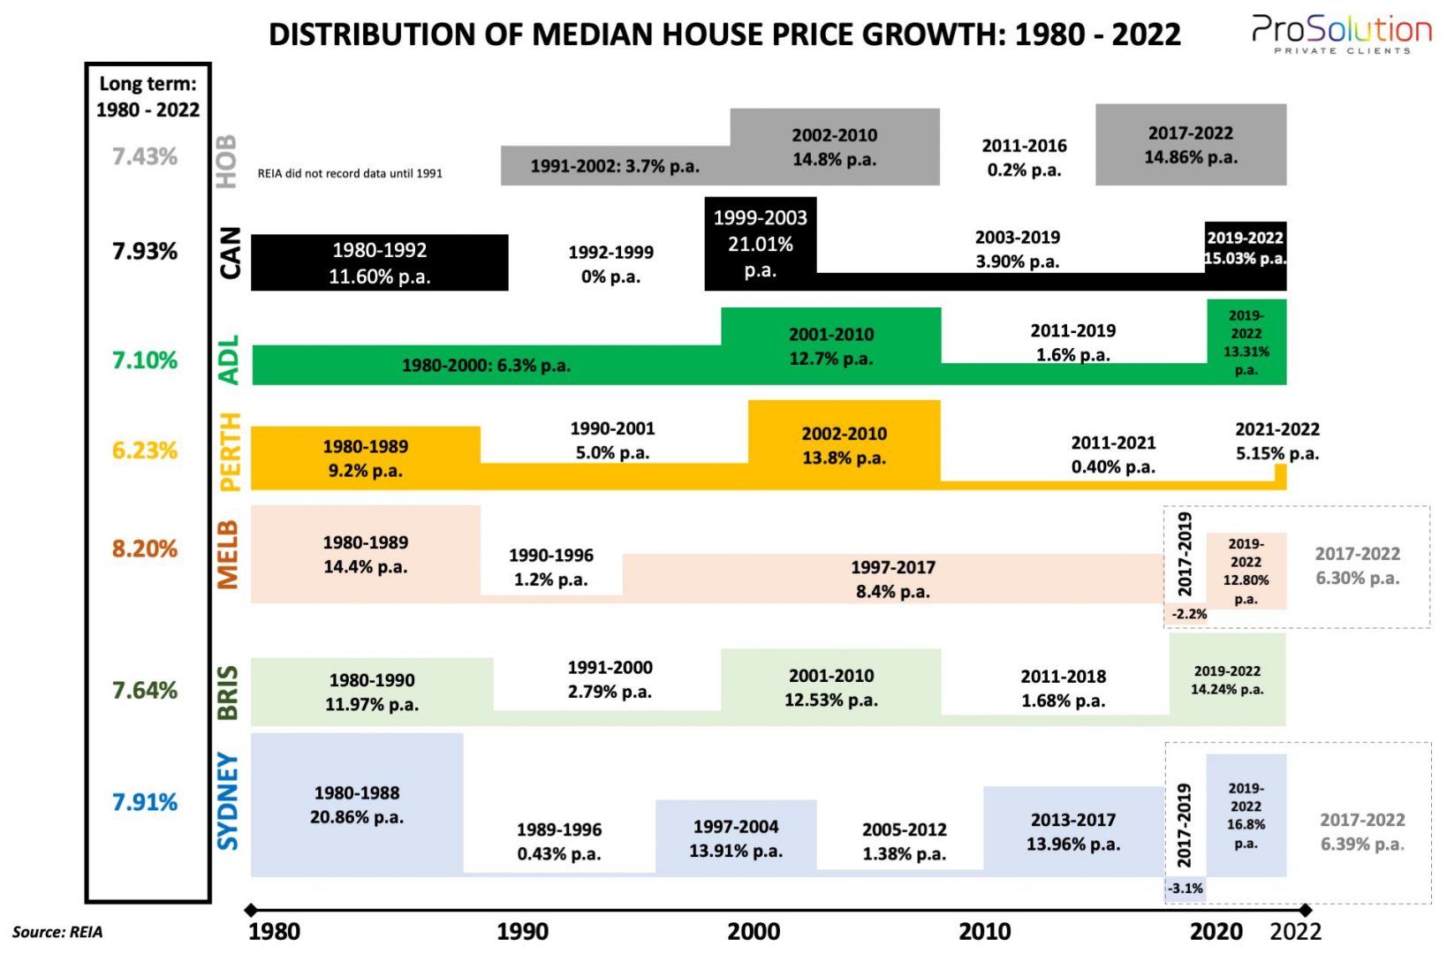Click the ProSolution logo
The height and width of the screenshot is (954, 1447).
coord(1341,34)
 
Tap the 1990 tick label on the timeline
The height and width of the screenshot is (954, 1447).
coord(522,931)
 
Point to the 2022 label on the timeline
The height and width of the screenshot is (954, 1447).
coord(1295,931)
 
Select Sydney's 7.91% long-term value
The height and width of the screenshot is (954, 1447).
coord(145,802)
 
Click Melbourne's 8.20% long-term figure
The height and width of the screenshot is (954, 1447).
coord(145,549)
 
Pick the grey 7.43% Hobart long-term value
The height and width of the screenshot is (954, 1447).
coord(145,156)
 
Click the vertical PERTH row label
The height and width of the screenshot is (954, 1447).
coord(229,451)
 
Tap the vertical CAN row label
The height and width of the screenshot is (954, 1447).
coord(229,253)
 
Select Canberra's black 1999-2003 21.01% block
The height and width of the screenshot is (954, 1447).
coord(760,243)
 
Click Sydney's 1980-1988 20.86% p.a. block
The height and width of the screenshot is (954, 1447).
coord(357,805)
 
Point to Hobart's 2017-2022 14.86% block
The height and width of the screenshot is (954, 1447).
coord(1191,145)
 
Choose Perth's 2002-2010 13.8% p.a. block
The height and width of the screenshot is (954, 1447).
coord(844,445)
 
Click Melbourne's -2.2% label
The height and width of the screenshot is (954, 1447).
coord(1188,614)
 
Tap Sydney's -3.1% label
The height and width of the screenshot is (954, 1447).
coord(1185,889)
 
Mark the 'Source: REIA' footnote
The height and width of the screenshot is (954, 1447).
coord(57,932)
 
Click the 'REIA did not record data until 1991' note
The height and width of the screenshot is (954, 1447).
coord(350,173)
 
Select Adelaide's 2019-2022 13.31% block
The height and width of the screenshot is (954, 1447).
coord(1246,342)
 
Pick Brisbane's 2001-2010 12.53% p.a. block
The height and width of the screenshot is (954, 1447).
coord(830,687)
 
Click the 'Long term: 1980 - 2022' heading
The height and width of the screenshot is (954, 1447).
coord(148,96)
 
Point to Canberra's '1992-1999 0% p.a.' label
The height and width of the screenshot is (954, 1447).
coord(610,264)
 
